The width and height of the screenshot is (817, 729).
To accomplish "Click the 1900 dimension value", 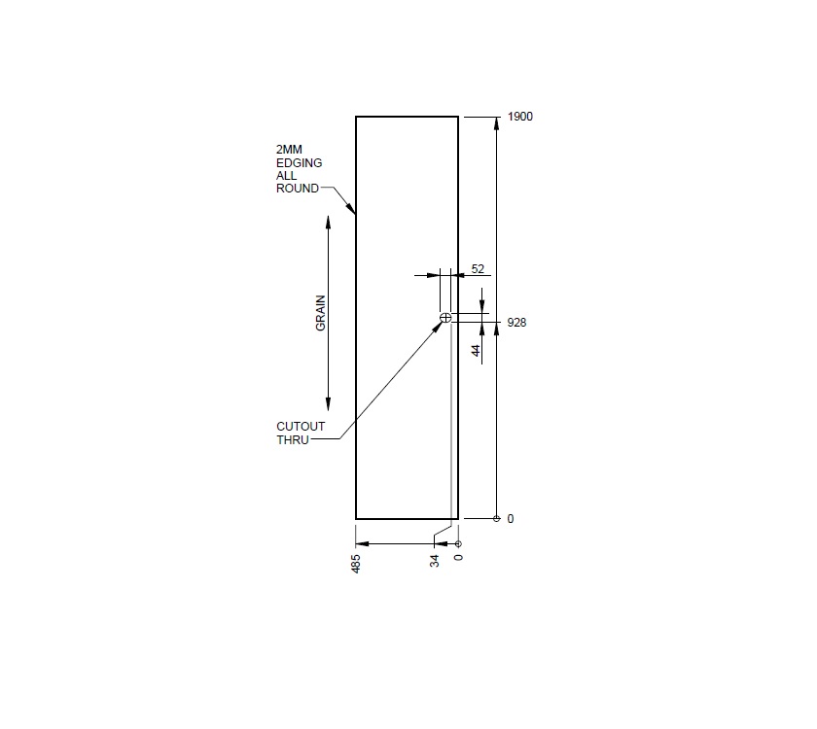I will [x=520, y=117].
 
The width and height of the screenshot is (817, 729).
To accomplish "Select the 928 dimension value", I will [x=516, y=323].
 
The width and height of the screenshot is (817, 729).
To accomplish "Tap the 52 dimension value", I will [x=478, y=268].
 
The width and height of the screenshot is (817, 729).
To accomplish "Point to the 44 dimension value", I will [x=477, y=351].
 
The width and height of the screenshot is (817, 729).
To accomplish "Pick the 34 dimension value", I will [x=435, y=561].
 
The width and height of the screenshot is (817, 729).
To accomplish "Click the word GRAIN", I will [x=320, y=313].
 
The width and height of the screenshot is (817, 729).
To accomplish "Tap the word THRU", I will [x=292, y=439].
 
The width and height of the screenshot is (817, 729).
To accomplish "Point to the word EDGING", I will [x=299, y=163].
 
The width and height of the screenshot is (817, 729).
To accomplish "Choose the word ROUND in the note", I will [x=297, y=189].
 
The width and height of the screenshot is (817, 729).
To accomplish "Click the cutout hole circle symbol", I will [x=445, y=318].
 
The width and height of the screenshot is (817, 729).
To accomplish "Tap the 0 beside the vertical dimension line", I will [x=511, y=519].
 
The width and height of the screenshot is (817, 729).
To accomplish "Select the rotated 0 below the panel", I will [x=459, y=557].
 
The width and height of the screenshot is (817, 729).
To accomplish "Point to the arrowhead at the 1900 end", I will [x=497, y=123].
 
